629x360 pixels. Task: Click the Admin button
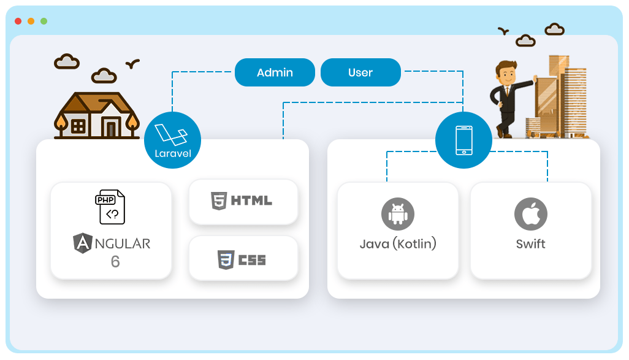pos(275,72)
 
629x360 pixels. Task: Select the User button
pos(360,72)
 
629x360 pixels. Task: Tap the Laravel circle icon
pos(172,140)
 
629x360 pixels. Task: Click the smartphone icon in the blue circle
pos(463,140)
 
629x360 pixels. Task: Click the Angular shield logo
pos(83,243)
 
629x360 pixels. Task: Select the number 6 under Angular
pos(115,262)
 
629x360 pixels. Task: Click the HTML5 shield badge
pos(218,201)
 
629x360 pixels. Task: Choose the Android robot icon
pos(398,214)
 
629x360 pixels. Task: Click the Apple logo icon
pos(530,213)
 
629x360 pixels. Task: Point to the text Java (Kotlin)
pos(398,243)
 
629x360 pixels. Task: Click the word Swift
pos(530,243)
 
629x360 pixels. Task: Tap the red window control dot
pos(18,21)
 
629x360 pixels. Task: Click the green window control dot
pos(44,21)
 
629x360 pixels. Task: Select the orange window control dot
pos(31,21)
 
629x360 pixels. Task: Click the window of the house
pos(78,126)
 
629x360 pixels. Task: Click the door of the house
pos(111,128)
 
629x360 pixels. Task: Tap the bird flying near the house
pos(132,63)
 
